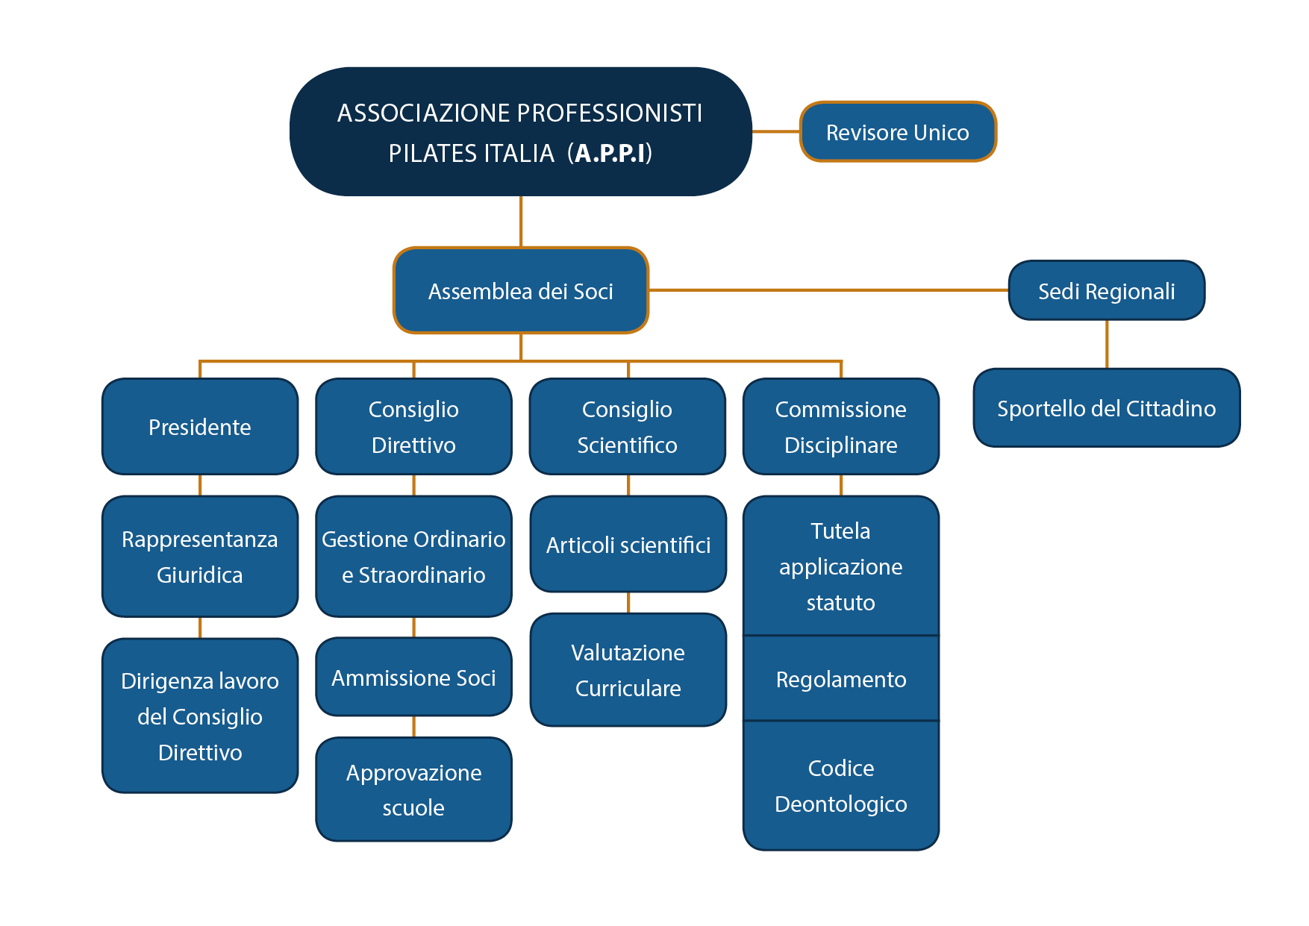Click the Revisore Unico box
point(897,132)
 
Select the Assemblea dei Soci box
point(520,290)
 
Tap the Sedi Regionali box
point(1106,290)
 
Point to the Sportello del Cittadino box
point(1106,408)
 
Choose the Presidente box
point(200,427)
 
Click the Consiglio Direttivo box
point(413,427)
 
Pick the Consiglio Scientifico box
point(627,427)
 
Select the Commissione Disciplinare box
point(840,427)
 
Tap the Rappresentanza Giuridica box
point(200,557)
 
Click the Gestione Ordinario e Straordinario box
point(413,557)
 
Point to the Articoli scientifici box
point(628,545)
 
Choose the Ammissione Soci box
point(413,678)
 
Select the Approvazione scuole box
point(413,789)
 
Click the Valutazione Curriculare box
point(628,670)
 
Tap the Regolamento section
point(840,679)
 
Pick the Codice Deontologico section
point(840,786)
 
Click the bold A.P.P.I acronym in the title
point(610,153)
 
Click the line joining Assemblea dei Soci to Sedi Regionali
point(828,290)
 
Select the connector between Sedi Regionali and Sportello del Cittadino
point(1106,344)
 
